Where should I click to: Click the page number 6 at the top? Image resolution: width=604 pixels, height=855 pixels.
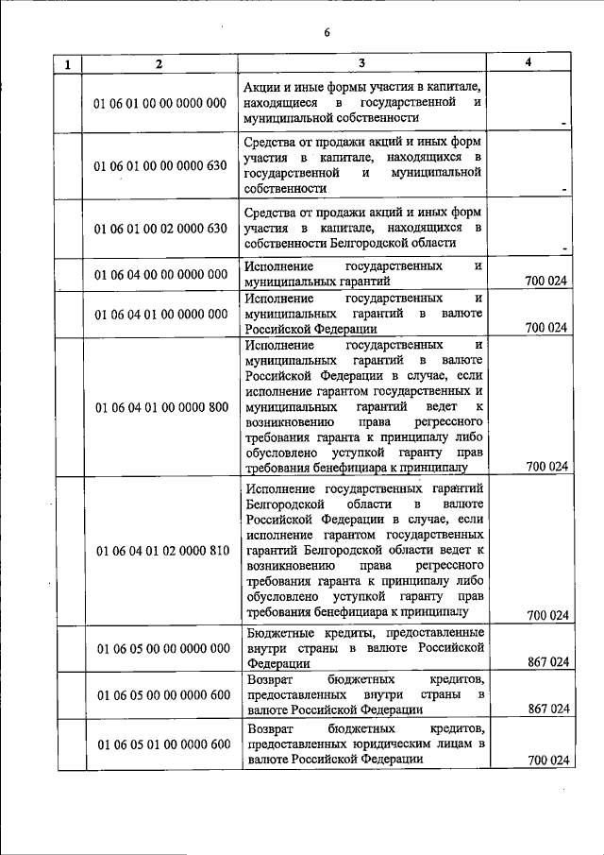pos(327,32)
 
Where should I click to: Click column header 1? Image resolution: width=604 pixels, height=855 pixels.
pos(68,64)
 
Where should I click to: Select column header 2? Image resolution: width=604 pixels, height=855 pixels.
pos(159,63)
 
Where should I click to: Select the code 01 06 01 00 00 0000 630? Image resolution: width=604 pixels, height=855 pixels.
pos(160,165)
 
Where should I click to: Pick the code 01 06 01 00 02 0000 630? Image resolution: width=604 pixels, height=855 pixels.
pos(160,228)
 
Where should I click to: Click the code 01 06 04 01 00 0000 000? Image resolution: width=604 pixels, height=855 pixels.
pos(160,313)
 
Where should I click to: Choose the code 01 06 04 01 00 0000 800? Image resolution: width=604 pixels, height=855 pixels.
pos(160,407)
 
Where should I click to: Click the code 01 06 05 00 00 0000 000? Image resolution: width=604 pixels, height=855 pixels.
pos(160,648)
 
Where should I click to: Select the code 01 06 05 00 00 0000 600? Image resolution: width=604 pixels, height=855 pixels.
pos(160,695)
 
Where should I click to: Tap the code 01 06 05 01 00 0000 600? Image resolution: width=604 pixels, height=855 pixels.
pos(160,744)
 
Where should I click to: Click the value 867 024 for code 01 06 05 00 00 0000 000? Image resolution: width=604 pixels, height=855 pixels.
pos(548,662)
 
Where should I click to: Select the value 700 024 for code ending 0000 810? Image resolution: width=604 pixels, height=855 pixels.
pos(548,615)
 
